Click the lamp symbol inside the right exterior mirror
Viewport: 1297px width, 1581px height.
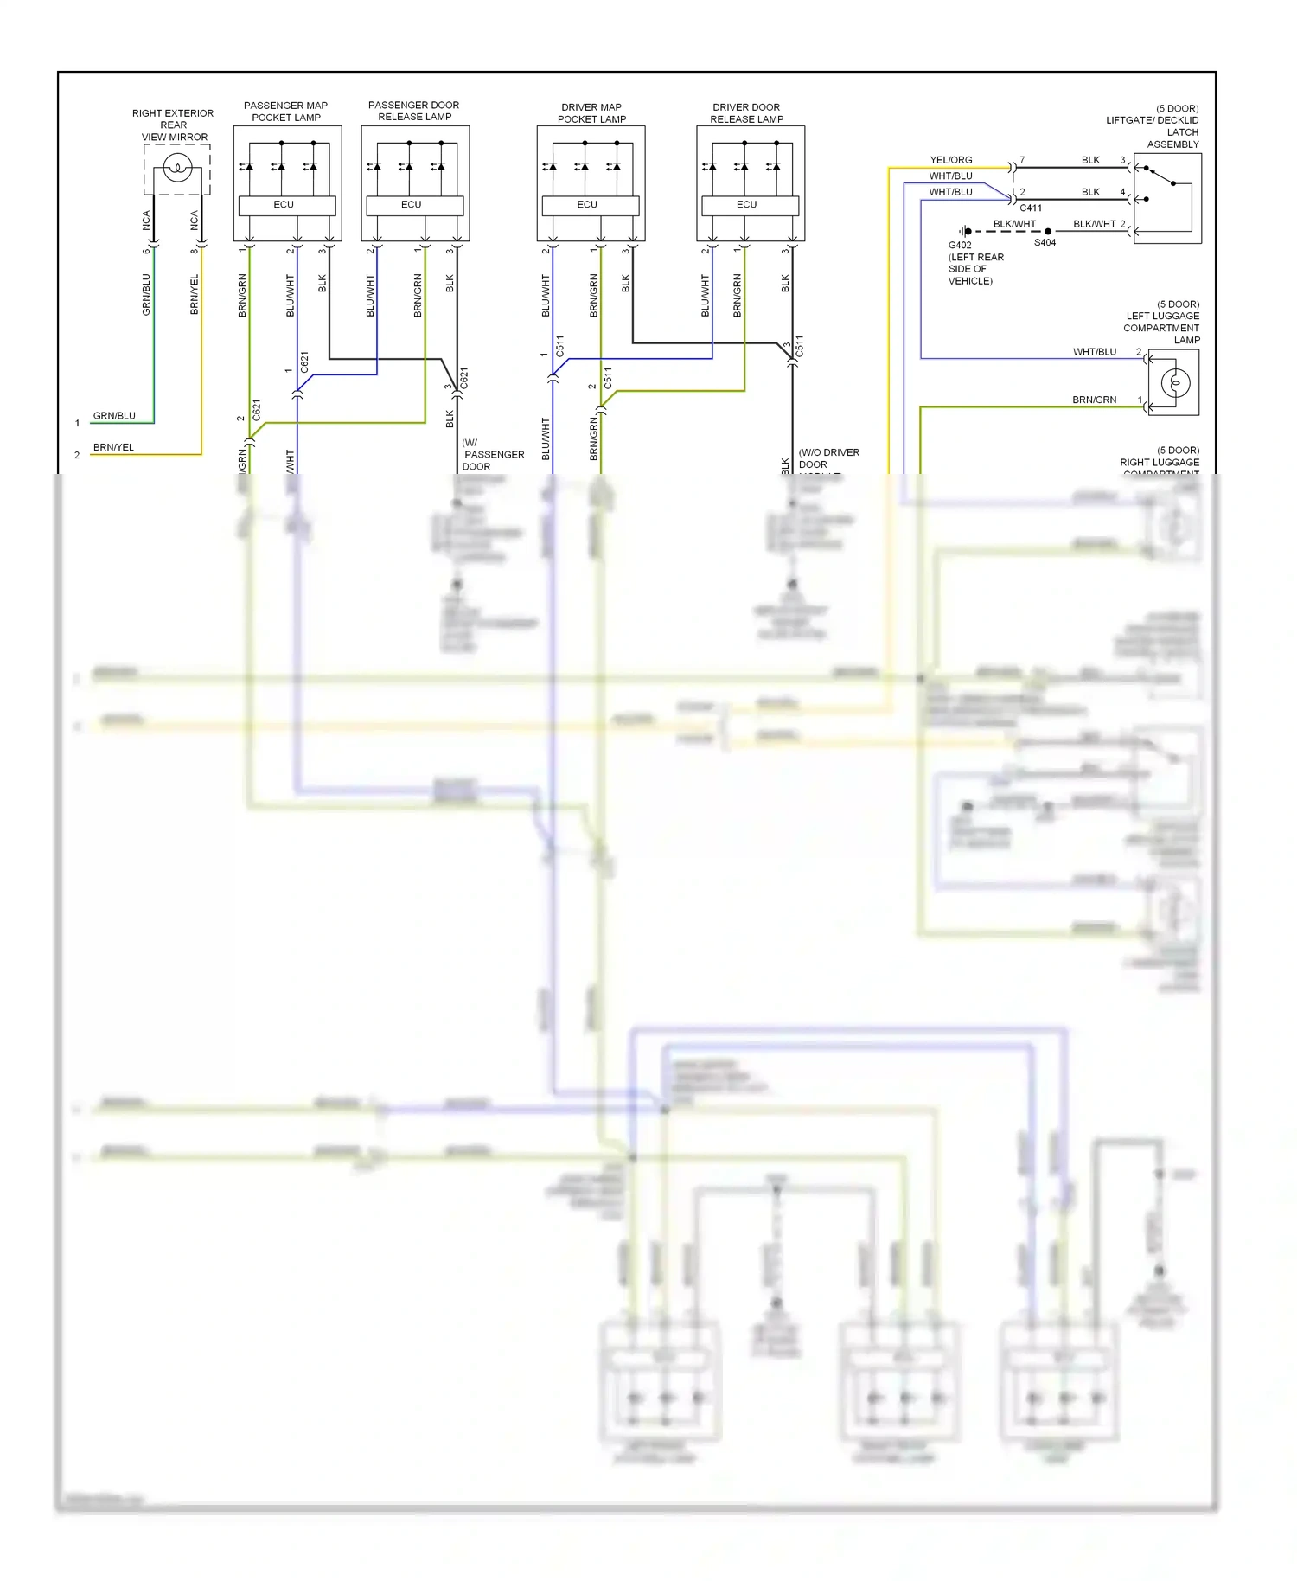pyautogui.click(x=177, y=167)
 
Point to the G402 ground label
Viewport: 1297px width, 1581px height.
pyautogui.click(x=960, y=245)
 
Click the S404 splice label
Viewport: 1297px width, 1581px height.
pyautogui.click(x=1045, y=243)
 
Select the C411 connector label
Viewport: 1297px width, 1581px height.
pyautogui.click(x=1031, y=208)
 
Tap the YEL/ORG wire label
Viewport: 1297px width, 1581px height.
pyautogui.click(x=950, y=160)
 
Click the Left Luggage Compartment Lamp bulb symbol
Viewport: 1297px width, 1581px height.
pyautogui.click(x=1175, y=382)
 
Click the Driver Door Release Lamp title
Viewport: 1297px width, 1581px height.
pyautogui.click(x=747, y=113)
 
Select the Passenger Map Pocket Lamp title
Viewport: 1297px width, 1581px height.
pyautogui.click(x=286, y=112)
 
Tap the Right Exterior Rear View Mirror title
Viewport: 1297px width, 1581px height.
pyautogui.click(x=174, y=125)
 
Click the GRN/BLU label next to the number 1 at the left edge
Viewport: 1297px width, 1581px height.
pyautogui.click(x=114, y=416)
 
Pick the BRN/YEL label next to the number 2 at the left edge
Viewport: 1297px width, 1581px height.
pyautogui.click(x=113, y=447)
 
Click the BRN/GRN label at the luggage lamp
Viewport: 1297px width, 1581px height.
pyautogui.click(x=1094, y=400)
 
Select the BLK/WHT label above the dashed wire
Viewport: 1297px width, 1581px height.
pyautogui.click(x=1014, y=224)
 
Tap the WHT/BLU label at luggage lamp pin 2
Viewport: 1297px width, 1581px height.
pyautogui.click(x=1095, y=352)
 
